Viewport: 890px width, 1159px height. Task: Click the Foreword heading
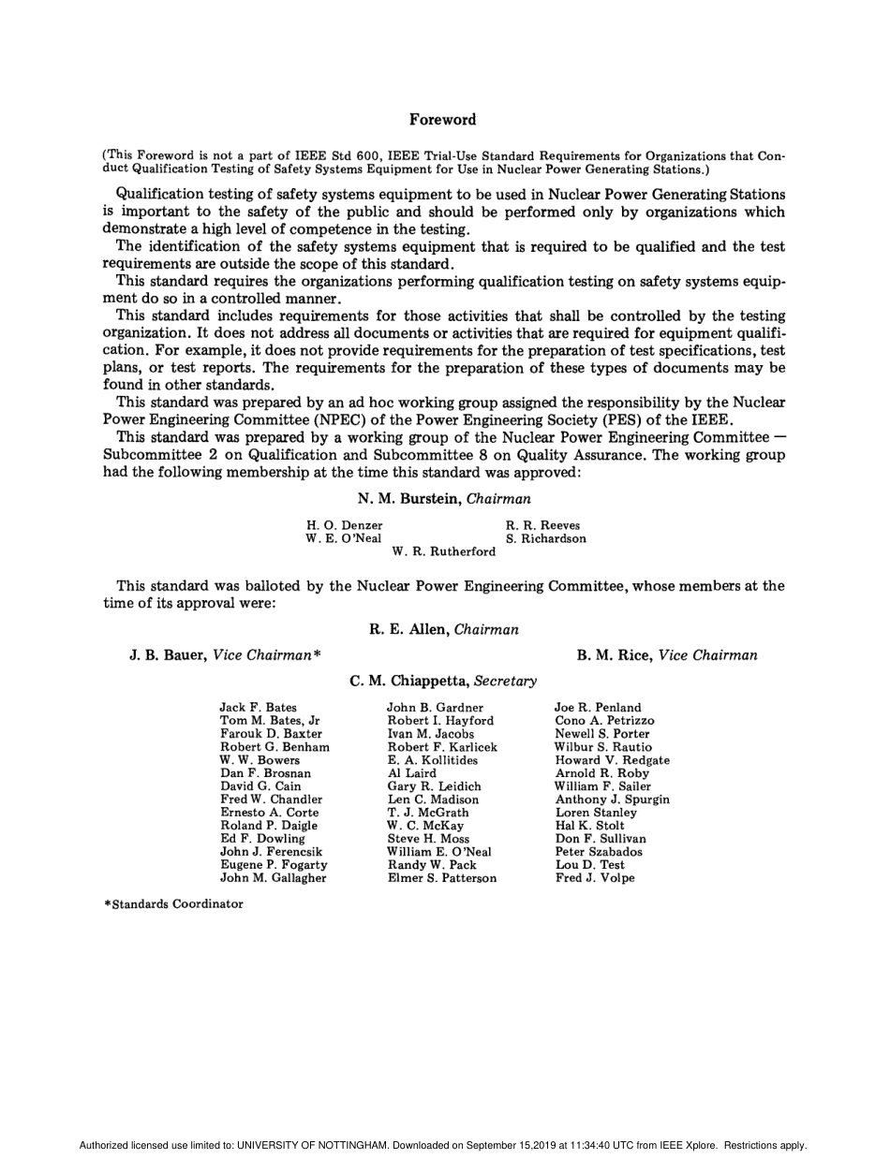[442, 120]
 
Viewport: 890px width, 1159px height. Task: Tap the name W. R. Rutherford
[444, 551]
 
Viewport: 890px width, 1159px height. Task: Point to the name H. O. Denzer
[344, 525]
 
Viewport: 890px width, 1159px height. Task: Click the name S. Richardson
[546, 538]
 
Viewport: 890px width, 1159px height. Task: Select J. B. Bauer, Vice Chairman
[225, 655]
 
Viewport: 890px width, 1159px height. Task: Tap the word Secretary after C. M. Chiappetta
[505, 681]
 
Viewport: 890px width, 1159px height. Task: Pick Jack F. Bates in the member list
[258, 708]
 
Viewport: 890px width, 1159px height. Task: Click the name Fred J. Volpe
[595, 878]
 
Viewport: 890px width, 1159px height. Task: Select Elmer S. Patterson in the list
[442, 878]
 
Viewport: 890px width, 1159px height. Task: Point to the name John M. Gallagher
[273, 878]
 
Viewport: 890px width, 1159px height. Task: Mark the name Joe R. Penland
[598, 708]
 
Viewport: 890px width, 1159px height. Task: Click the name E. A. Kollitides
[433, 760]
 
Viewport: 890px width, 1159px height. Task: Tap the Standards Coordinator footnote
[173, 903]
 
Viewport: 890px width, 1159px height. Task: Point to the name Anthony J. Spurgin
[612, 800]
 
